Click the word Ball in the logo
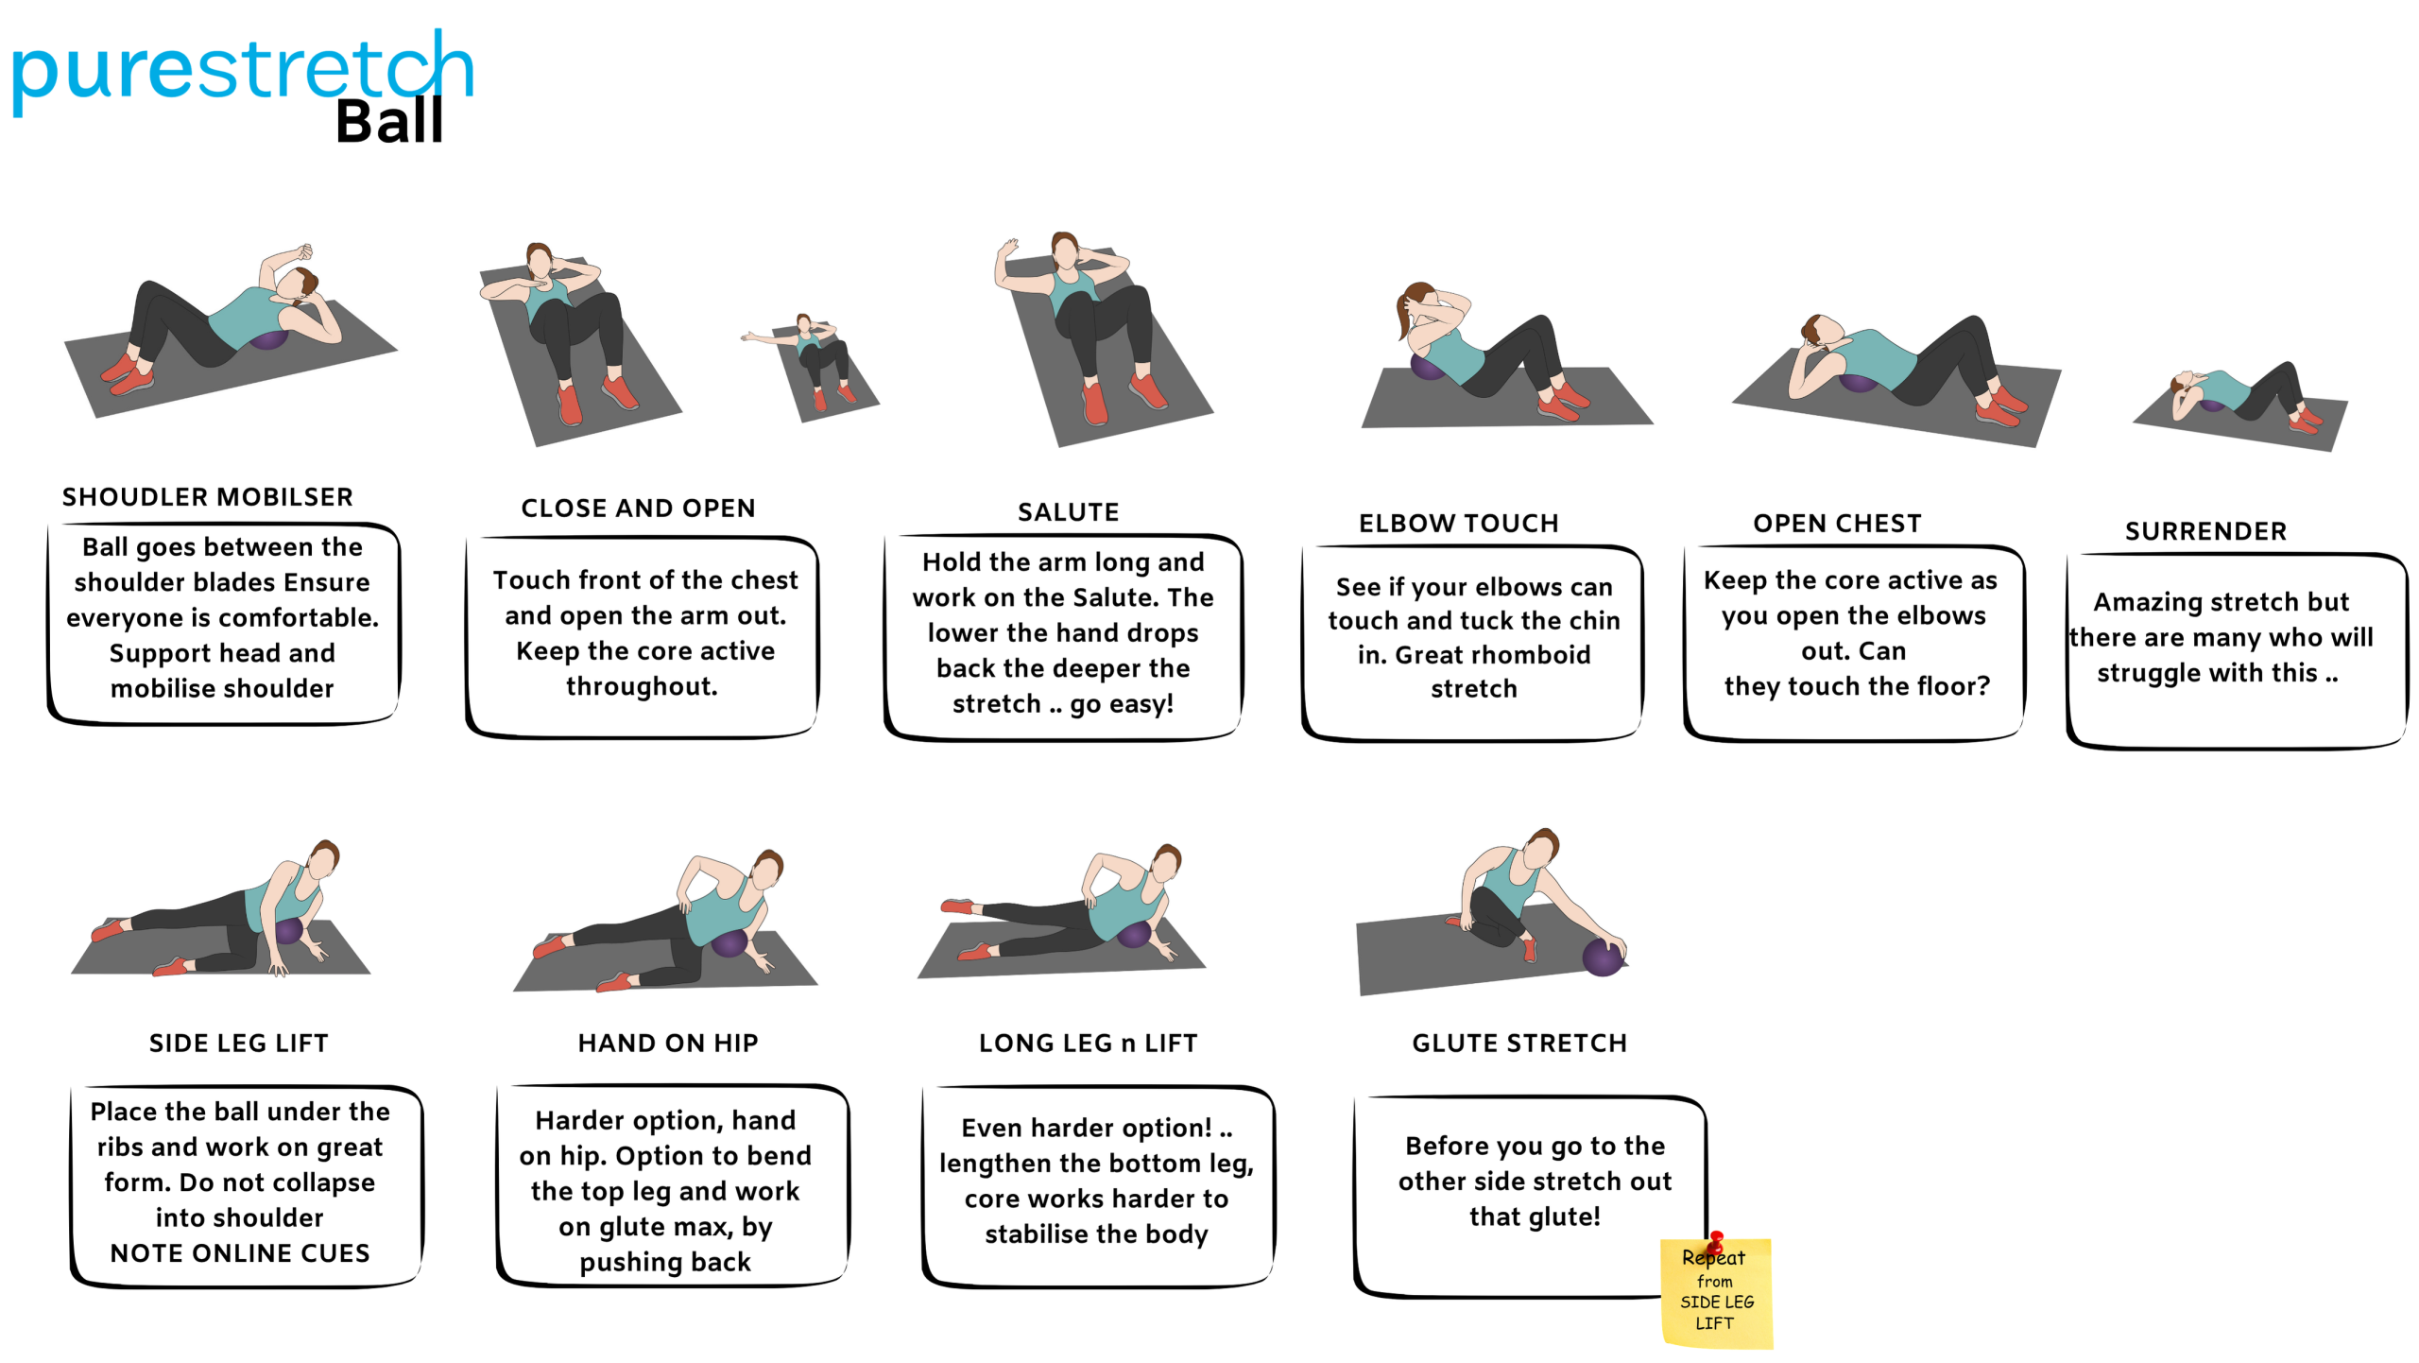tap(389, 122)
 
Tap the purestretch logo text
tap(242, 71)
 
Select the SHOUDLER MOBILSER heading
tap(208, 497)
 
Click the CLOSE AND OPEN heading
tap(638, 509)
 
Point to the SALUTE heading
tap(1068, 512)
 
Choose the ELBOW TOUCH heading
tap(1458, 524)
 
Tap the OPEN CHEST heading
tap(1837, 524)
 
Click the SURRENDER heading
tap(2205, 531)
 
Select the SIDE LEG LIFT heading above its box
tap(238, 1044)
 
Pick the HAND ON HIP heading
tap(668, 1044)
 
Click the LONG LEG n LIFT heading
tap(1088, 1044)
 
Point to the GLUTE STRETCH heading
tap(1519, 1044)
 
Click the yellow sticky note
tap(1716, 1293)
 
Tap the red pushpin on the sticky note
tap(1716, 1241)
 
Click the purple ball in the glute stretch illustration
tap(1604, 957)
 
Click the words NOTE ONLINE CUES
tap(240, 1253)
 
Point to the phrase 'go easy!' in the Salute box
tap(1122, 704)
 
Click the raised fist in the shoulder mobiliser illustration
tap(302, 252)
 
